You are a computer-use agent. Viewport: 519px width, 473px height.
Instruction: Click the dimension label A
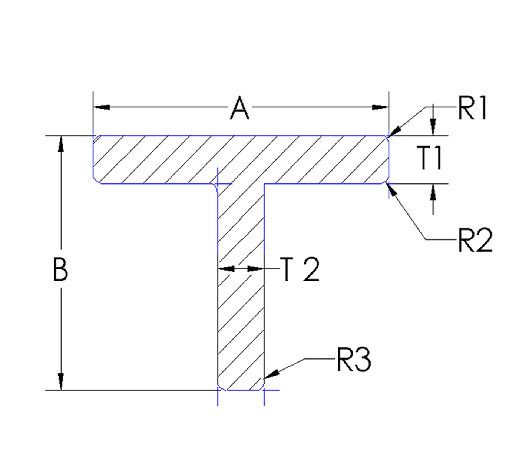tap(239, 108)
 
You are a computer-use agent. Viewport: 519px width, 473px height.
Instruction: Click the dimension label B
tap(60, 269)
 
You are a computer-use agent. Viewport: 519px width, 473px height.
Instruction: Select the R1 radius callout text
tap(472, 108)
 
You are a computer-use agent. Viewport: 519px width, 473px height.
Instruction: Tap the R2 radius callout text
tap(475, 240)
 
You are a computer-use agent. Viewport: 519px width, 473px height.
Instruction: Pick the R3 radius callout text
tap(354, 360)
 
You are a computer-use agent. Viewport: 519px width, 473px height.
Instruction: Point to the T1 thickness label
tap(430, 158)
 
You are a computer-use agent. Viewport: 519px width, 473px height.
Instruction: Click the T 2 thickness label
tap(300, 269)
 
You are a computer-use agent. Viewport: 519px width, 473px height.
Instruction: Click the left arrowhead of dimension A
tap(102, 107)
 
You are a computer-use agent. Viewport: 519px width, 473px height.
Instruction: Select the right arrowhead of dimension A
tap(380, 107)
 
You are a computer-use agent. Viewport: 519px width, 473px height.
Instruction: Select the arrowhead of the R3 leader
tap(271, 374)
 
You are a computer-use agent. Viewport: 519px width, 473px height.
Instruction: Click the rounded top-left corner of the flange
tap(96, 139)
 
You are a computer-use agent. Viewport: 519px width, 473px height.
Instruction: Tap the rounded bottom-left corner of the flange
tap(96, 180)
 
